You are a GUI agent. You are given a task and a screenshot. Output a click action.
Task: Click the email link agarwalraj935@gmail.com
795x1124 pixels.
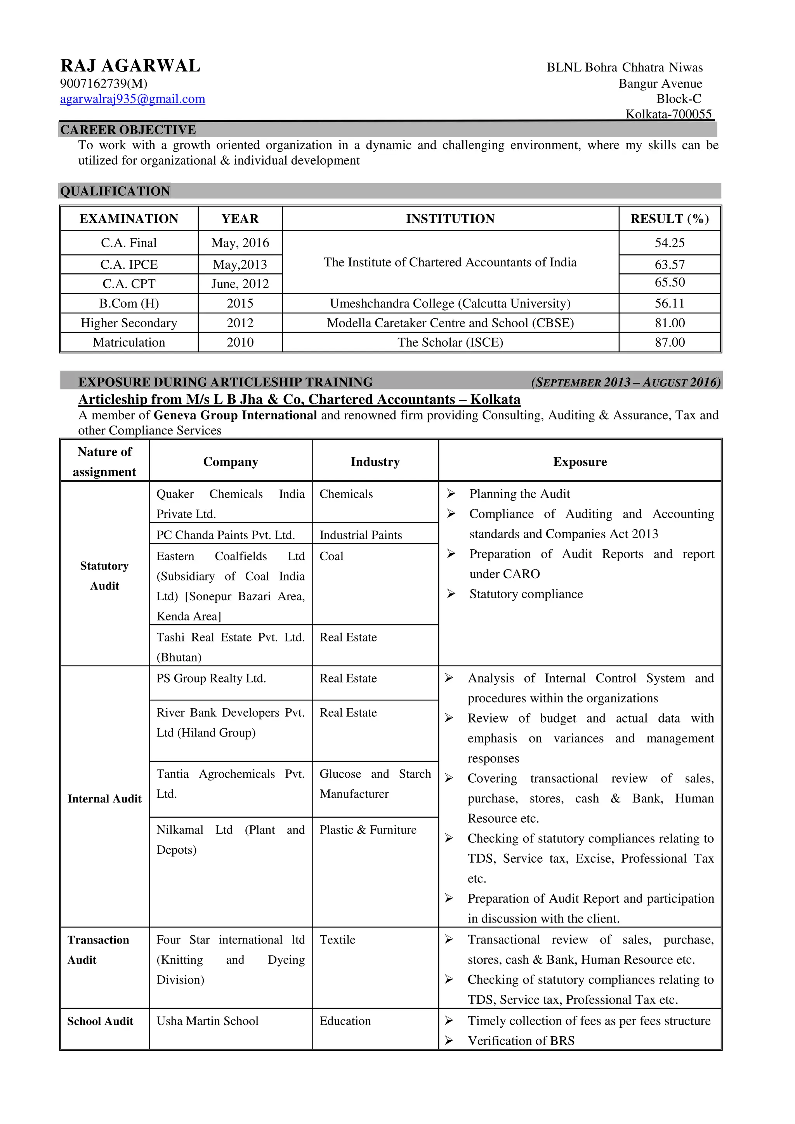132,99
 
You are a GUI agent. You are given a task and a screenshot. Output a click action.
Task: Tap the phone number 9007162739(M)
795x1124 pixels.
103,84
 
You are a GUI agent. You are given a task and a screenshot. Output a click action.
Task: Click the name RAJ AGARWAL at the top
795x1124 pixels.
130,66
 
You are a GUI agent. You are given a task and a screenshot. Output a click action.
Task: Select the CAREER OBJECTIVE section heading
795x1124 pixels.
128,130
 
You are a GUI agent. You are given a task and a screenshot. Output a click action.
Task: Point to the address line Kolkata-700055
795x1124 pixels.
668,115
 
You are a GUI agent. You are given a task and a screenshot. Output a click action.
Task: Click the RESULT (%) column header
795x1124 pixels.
669,219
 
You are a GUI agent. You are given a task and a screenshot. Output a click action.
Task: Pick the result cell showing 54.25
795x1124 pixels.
669,243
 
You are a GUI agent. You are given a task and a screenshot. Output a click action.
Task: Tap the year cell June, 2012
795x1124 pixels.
240,284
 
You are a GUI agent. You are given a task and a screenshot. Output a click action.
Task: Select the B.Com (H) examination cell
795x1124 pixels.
129,304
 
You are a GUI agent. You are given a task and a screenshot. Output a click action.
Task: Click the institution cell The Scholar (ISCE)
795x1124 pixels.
450,342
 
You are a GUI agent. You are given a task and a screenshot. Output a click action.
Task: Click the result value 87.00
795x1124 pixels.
669,342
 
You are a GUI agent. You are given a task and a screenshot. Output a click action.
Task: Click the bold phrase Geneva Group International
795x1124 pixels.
235,415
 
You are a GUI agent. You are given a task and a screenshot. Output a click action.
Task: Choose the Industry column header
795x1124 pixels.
375,462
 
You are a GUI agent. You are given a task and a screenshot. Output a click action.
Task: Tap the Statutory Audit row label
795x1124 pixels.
104,576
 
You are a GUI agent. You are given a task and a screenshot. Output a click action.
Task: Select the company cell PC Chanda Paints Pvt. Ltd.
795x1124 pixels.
226,535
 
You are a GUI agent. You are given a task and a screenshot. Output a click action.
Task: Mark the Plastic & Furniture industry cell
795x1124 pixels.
368,830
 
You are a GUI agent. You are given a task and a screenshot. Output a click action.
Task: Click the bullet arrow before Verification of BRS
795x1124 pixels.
448,1041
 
